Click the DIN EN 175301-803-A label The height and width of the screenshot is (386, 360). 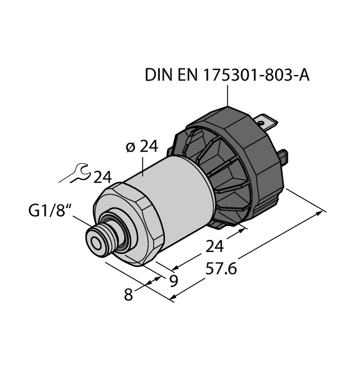[226, 74]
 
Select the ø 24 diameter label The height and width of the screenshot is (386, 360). [142, 147]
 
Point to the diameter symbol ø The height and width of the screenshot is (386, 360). [130, 147]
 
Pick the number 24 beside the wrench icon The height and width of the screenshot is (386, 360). [103, 177]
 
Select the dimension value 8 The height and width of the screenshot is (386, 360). [128, 295]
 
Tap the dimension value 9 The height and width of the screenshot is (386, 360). [173, 281]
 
